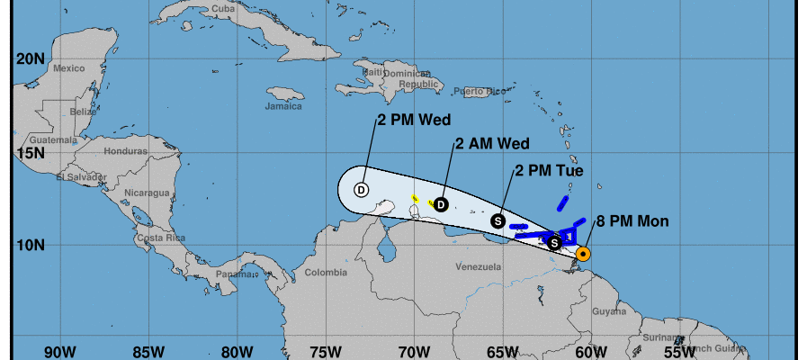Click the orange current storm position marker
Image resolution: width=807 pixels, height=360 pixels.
583,254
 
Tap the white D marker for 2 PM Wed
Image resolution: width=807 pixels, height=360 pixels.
361,190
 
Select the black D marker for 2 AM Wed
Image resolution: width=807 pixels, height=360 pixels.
441,204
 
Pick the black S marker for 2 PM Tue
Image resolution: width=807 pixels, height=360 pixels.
497,220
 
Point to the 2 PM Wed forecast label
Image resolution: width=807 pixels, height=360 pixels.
413,120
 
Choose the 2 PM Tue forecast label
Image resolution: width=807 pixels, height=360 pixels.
549,170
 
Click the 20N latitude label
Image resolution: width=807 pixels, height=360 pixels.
30,59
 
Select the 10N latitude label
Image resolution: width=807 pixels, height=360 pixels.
30,245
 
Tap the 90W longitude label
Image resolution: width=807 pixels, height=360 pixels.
59,351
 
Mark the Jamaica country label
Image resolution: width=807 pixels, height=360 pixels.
283,106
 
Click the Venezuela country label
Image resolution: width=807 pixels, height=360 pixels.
478,267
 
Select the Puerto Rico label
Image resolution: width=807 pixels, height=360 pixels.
475,91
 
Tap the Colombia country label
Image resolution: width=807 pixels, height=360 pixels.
325,272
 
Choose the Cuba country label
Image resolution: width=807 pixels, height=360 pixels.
222,9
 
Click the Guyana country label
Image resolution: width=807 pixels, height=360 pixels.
609,311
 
